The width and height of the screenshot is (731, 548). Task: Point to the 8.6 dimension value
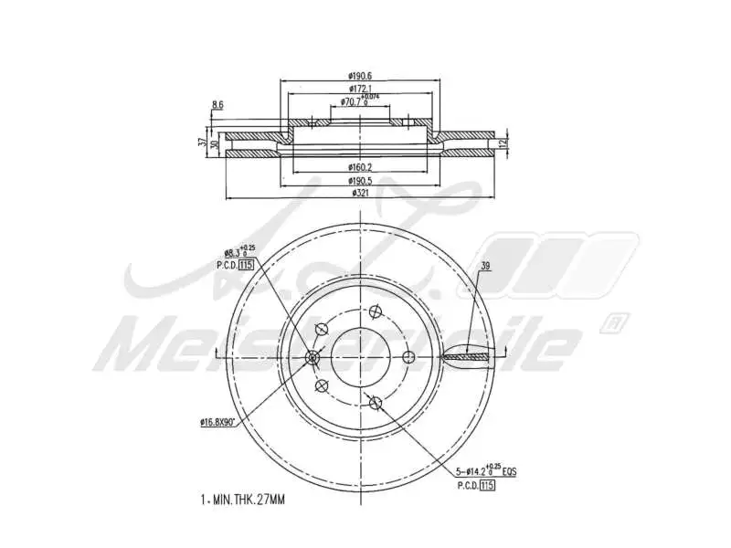click(x=217, y=106)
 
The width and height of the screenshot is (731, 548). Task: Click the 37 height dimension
click(x=203, y=143)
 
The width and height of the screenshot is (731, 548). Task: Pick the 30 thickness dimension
click(x=214, y=144)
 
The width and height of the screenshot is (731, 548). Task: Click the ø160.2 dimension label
click(x=363, y=168)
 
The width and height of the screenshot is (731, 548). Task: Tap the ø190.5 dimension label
click(x=363, y=181)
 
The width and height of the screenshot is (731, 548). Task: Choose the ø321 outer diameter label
click(x=363, y=194)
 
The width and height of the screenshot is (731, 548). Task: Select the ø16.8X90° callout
click(x=218, y=421)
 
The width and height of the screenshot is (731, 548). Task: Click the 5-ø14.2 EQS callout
click(x=488, y=470)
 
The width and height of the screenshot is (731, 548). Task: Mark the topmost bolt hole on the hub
click(x=375, y=312)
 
